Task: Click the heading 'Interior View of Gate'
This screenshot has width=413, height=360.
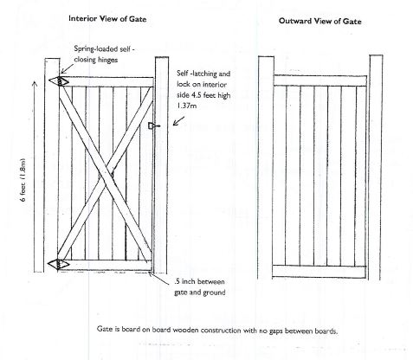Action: (x=107, y=19)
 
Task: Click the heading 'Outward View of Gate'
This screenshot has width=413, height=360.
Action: (x=319, y=21)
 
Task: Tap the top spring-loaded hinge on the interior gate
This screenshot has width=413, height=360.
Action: (x=59, y=81)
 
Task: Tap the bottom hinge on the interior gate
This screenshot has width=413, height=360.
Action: (x=59, y=264)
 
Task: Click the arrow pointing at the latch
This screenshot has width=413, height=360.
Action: (x=178, y=121)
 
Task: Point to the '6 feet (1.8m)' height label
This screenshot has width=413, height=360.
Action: (x=23, y=180)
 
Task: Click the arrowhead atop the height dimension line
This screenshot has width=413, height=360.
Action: (x=35, y=84)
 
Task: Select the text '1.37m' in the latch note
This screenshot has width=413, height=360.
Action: (x=187, y=106)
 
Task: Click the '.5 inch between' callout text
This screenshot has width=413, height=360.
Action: (x=199, y=281)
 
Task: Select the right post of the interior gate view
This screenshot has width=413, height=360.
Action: (x=162, y=165)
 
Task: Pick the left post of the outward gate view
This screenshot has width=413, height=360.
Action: (x=266, y=168)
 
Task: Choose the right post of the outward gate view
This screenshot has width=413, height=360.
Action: (x=376, y=167)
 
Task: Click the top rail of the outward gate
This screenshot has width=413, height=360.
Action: (x=320, y=80)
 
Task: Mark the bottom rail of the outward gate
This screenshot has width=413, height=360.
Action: (x=319, y=272)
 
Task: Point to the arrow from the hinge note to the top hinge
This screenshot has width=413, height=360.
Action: (x=67, y=69)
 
